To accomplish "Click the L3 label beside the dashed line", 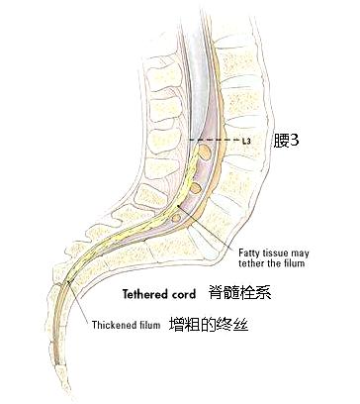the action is (246, 142).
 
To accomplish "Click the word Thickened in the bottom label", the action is (114, 324).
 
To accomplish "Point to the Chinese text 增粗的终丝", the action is (204, 323).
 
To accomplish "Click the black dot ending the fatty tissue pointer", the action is (179, 204).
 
